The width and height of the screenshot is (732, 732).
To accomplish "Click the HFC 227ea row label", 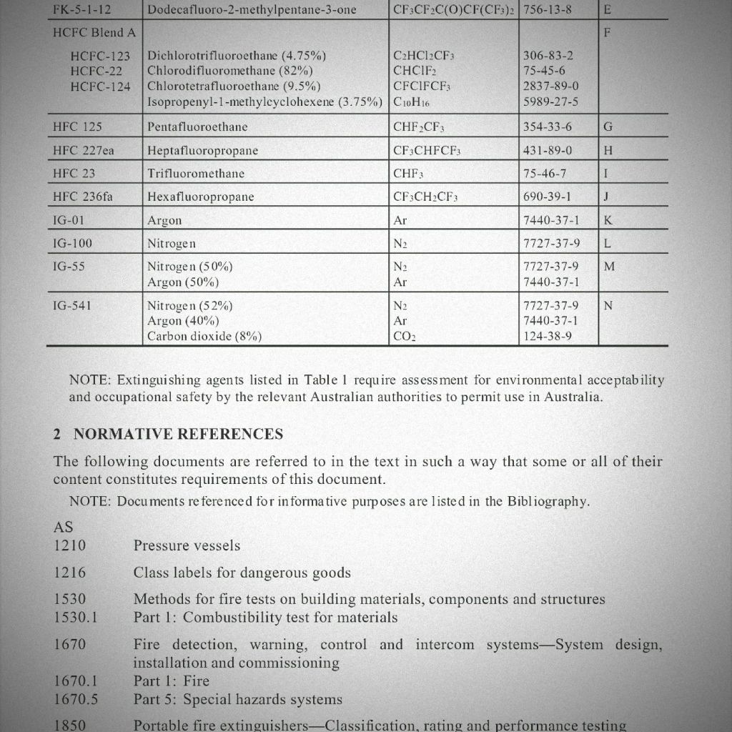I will pos(83,150).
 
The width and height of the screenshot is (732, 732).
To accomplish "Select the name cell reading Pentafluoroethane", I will pos(197,127).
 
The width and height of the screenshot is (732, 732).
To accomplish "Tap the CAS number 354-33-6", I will pos(548,127).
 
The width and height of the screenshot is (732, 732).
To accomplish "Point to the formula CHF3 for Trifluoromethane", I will pos(408,174).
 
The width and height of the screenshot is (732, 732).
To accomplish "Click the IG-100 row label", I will pos(72,244).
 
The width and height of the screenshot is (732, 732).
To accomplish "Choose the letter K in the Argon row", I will pos(608,220).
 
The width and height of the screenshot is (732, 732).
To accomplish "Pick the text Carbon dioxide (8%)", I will pos(204,336).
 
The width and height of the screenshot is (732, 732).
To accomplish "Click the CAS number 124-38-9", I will pos(548,336).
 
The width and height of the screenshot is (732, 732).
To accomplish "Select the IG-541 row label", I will pos(72,306).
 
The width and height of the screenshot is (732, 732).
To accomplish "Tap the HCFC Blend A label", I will pos(94,33).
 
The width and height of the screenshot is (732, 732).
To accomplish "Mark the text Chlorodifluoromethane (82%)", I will pos(229,71).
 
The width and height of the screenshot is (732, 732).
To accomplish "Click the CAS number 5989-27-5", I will pos(550,102).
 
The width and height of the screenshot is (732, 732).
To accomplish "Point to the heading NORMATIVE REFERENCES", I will pos(178,434).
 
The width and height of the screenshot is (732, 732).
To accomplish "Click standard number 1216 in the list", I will pos(69,573).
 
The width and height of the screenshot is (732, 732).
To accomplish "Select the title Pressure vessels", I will pos(187,546).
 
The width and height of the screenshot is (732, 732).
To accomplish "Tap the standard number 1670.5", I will pos(76,699).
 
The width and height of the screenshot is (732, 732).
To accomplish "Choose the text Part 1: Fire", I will pos(171,681).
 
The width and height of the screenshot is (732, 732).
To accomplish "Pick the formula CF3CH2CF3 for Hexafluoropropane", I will pos(425,197).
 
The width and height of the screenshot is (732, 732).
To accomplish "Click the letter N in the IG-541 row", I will pos(608,306).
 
